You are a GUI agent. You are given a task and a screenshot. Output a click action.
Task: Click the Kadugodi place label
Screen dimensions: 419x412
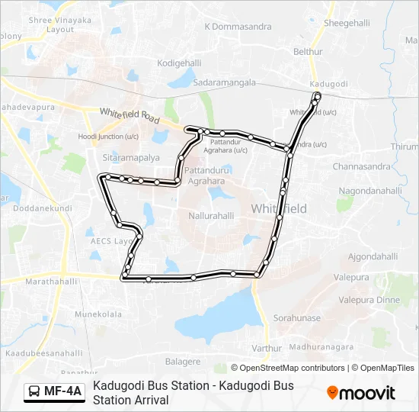click(329, 83)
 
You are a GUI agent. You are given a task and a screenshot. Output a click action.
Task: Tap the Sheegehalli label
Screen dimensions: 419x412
click(347, 24)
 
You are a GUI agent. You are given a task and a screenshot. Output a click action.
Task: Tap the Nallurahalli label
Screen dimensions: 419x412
click(211, 216)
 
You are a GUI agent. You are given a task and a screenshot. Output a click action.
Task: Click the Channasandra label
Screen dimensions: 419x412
click(363, 165)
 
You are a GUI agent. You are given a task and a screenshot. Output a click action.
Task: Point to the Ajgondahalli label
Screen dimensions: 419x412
click(373, 256)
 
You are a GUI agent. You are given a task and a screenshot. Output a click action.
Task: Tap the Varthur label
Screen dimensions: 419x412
click(266, 349)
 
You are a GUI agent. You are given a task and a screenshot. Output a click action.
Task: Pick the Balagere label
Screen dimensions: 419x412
click(183, 361)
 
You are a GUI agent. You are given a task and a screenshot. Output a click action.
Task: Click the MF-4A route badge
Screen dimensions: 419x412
click(53, 392)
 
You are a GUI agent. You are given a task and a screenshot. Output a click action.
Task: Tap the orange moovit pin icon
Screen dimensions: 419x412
click(332, 392)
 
